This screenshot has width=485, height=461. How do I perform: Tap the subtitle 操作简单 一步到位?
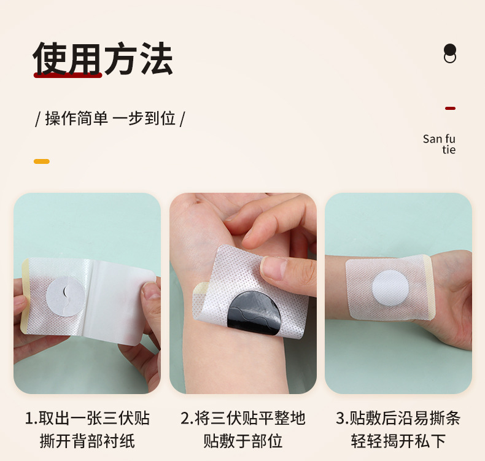tap(111, 118)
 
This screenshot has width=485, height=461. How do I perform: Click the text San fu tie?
tap(440, 144)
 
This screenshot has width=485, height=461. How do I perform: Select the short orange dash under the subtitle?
tap(41, 161)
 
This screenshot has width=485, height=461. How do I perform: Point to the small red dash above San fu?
tap(450, 108)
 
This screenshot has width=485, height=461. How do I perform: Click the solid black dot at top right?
tap(450, 49)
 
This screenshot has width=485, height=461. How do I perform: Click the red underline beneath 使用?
tap(68, 76)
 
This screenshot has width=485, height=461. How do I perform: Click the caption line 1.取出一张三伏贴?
tap(87, 419)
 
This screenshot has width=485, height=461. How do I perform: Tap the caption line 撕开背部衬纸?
tap(87, 441)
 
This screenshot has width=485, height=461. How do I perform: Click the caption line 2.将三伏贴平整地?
tap(243, 419)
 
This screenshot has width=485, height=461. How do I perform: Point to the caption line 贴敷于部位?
tap(243, 441)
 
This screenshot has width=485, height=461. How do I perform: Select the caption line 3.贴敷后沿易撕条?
tap(398, 419)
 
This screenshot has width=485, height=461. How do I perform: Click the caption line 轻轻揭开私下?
tap(398, 441)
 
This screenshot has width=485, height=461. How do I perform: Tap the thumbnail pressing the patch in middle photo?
tap(276, 269)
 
